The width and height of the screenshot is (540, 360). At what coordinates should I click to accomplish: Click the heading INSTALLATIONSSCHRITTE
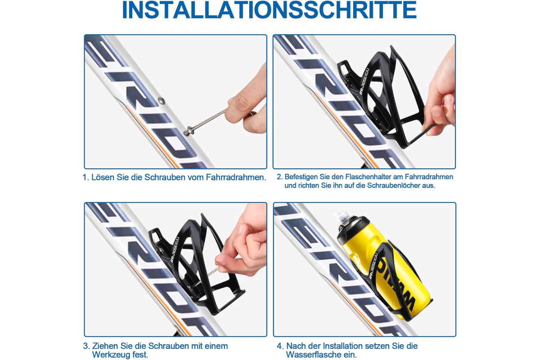coord(269,10)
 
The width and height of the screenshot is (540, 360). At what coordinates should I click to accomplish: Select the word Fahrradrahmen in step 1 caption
coord(236,177)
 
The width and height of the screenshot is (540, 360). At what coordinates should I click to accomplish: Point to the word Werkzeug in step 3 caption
coord(111,355)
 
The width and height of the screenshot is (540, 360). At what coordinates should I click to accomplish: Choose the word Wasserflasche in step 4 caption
coord(310,355)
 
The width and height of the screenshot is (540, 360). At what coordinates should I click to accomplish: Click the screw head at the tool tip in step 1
coord(188,130)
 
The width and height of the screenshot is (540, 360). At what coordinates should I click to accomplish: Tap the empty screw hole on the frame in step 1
coord(162,101)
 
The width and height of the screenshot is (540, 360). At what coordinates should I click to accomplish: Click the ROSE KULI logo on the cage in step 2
coord(364,81)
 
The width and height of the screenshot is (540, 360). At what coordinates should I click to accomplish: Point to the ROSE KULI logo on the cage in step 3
coord(175,249)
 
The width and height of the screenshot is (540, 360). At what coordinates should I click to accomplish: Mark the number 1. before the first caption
coord(85,177)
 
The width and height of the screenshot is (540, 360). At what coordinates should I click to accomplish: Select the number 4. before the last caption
coord(280,346)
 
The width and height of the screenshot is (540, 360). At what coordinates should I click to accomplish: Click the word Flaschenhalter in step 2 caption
coord(367,177)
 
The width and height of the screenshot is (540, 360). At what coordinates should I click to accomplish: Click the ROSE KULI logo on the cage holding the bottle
coord(374,265)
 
